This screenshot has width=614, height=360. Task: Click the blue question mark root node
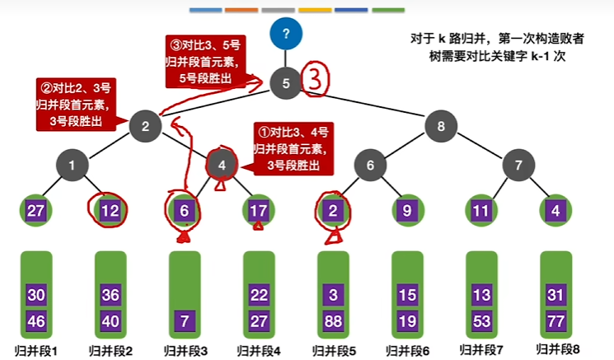pos(286,34)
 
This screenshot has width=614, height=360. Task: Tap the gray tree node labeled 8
pos(441,126)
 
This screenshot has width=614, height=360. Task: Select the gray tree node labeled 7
pos(518,165)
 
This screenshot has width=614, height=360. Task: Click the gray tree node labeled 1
pos(73,165)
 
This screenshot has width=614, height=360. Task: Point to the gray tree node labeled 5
pos(286,82)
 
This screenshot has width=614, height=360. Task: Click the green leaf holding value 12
pos(110,210)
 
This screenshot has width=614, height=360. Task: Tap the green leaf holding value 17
pos(259,210)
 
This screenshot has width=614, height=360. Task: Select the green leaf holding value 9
pos(407,210)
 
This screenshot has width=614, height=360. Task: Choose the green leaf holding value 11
pos(481,210)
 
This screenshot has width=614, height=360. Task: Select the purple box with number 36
pos(110,295)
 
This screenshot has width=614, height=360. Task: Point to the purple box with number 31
pos(555,295)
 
